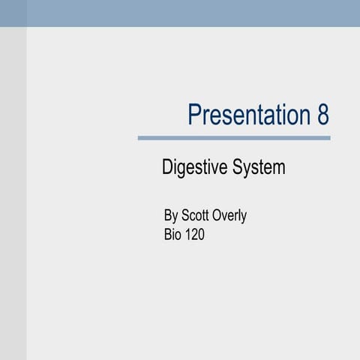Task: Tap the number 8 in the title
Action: click(322, 115)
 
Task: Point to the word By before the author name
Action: click(171, 216)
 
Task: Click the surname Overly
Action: click(231, 216)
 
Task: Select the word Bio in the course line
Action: click(172, 235)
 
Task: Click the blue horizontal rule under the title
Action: click(234, 138)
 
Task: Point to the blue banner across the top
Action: click(180, 13)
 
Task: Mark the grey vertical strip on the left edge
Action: click(13, 195)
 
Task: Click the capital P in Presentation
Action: click(193, 115)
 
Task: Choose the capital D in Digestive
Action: click(167, 167)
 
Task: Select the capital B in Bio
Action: click(168, 235)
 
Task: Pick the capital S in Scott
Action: click(186, 216)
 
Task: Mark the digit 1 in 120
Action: click(188, 235)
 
